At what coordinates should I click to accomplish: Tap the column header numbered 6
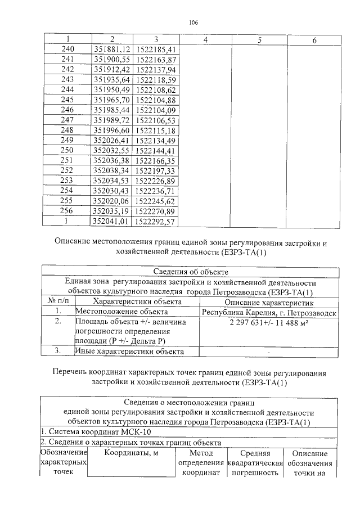(313, 40)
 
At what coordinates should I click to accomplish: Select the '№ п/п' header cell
(57, 301)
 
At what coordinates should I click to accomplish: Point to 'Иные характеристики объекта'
(130, 351)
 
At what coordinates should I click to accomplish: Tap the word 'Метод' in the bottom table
(201, 453)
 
